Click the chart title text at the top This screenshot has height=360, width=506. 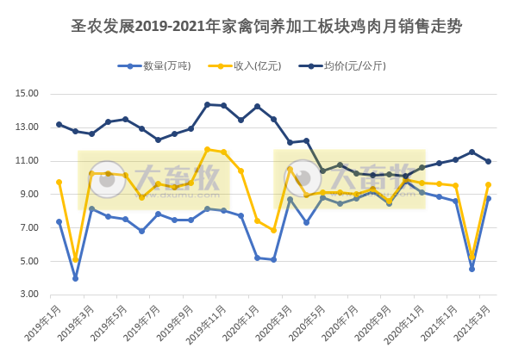coord(253,26)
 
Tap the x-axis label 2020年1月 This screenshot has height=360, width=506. coord(241,321)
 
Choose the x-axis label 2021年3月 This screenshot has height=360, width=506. coord(473,321)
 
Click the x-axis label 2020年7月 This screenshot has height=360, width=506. coord(341,321)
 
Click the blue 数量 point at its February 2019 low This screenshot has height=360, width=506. coord(75,278)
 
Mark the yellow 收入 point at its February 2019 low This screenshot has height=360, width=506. coord(75,259)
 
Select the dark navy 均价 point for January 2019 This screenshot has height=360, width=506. coord(59,124)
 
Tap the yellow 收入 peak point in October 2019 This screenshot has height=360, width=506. coord(208,149)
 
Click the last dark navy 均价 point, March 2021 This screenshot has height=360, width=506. coord(489,161)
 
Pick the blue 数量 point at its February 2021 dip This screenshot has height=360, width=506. coord(472,269)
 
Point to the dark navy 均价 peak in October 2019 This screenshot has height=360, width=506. coord(208,104)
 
